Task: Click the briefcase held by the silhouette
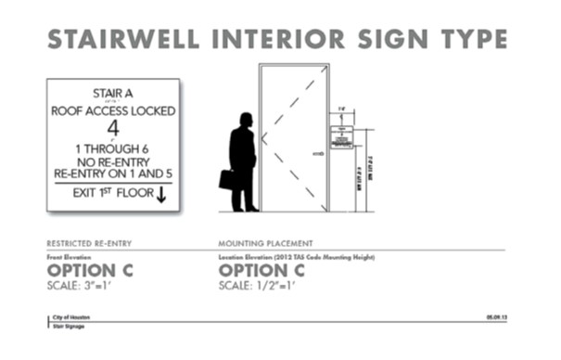click(225, 180)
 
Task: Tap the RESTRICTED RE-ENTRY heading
click(89, 243)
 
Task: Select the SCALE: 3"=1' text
click(79, 284)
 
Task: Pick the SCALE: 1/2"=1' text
click(257, 284)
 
